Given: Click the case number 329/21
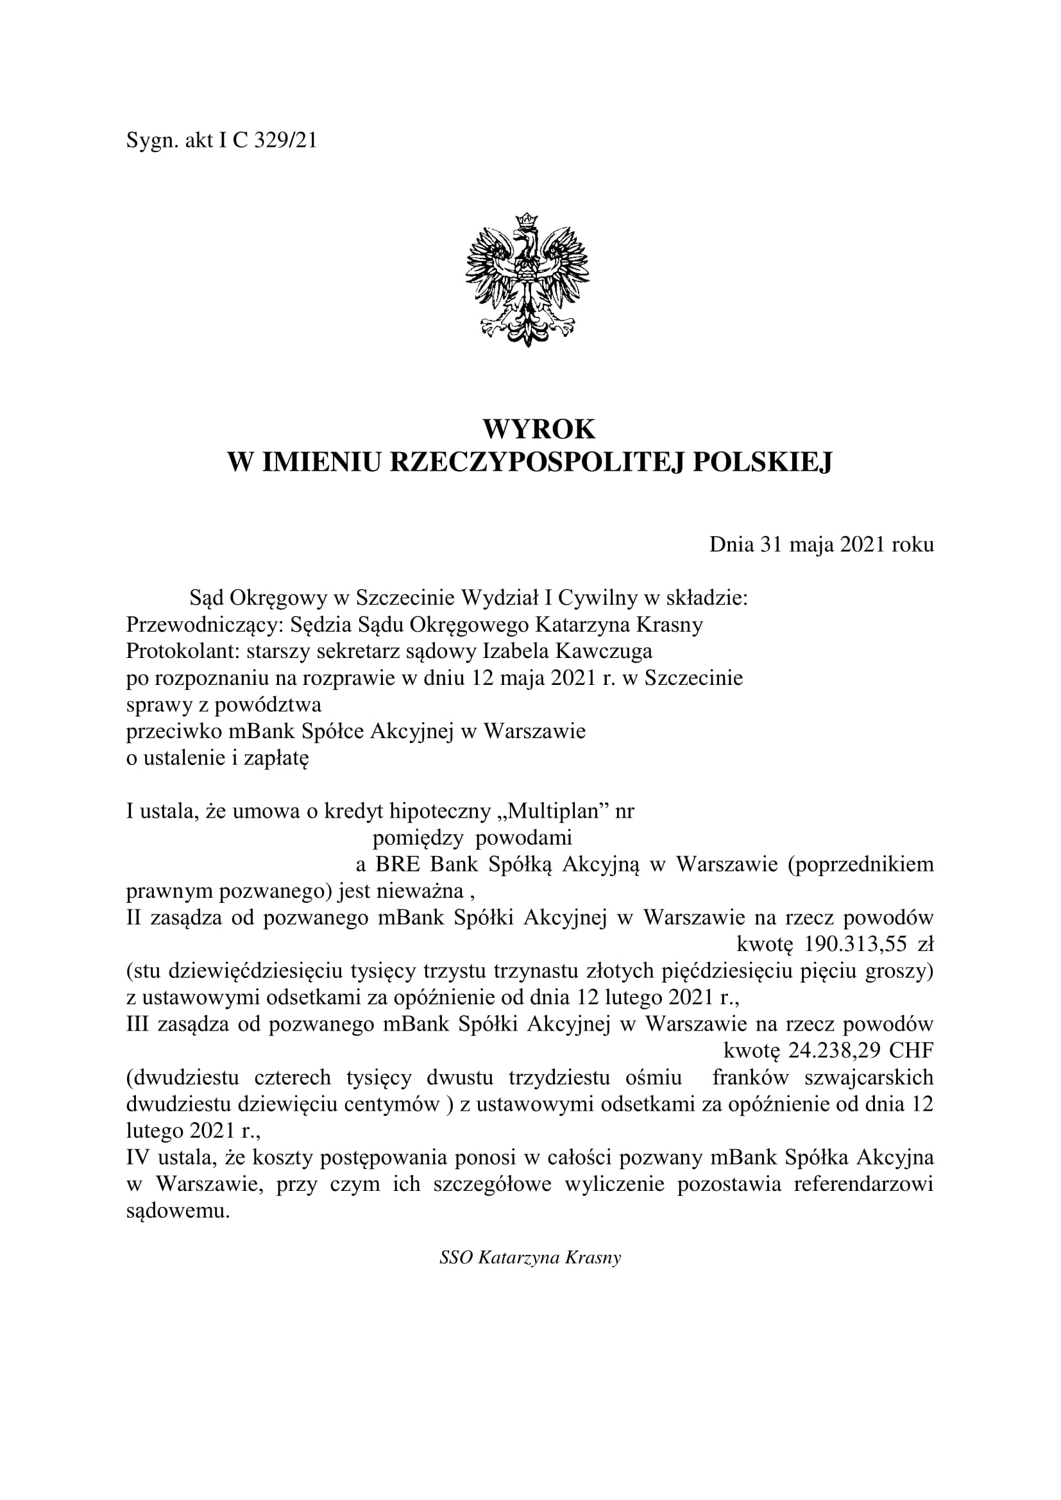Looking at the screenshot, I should [x=285, y=140].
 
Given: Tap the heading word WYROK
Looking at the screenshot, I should [x=538, y=430].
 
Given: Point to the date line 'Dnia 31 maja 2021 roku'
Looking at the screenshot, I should [x=821, y=545].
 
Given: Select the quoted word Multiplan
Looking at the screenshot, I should [x=554, y=812].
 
